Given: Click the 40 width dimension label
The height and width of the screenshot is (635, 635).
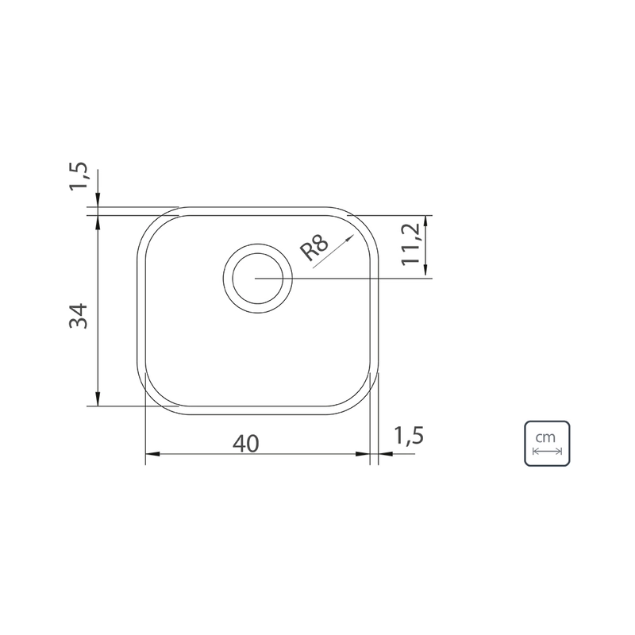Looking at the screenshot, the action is [x=246, y=444].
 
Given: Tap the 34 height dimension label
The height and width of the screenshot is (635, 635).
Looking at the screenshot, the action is [x=79, y=316].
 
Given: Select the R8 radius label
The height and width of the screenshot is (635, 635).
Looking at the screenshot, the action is [x=314, y=248].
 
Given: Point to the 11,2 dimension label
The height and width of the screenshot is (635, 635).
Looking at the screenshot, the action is [x=411, y=244].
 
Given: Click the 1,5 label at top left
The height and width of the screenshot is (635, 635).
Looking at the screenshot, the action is [x=78, y=175].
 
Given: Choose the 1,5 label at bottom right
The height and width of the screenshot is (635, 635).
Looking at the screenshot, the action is [x=409, y=436].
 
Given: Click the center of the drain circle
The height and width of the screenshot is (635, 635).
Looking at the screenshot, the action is [x=257, y=279].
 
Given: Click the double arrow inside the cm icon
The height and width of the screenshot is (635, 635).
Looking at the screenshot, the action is [x=547, y=451].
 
